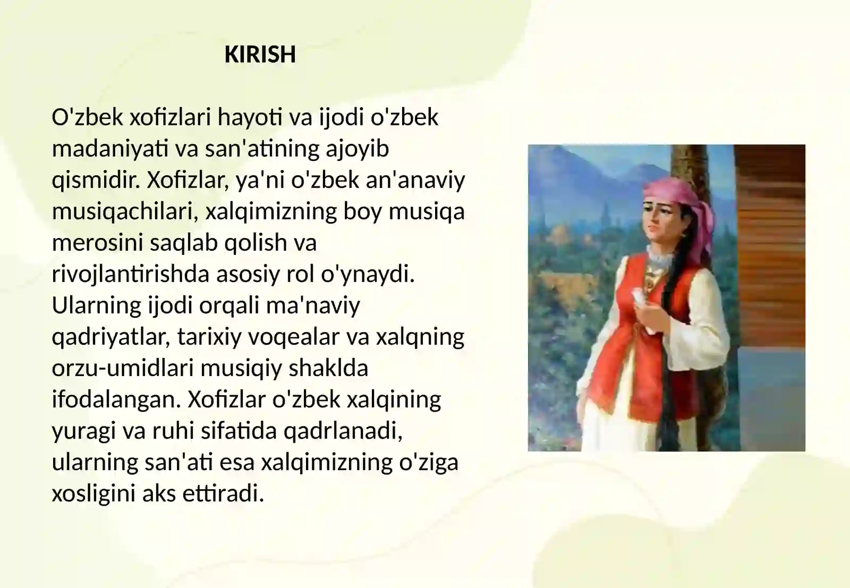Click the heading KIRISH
[x=260, y=54]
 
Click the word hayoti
[x=250, y=117]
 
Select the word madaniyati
[x=110, y=149]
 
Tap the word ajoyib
[x=358, y=149]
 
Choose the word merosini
[x=97, y=243]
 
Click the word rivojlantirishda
[x=131, y=274]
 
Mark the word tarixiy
[x=209, y=337]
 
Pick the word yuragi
[x=83, y=432]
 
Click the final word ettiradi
[x=223, y=494]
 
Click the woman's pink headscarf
[x=683, y=205]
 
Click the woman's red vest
[x=645, y=342]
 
